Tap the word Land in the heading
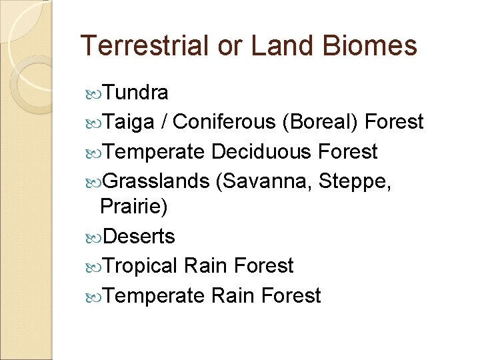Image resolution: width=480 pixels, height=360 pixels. pyautogui.click(x=286, y=45)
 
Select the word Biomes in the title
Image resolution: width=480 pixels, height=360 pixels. pyautogui.click(x=371, y=45)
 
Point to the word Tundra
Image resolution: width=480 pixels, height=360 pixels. pyautogui.click(x=136, y=92)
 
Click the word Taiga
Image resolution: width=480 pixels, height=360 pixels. pyautogui.click(x=129, y=121)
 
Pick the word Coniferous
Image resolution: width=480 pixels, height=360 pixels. pyautogui.click(x=224, y=121)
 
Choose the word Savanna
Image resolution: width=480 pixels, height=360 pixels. pyautogui.click(x=265, y=181)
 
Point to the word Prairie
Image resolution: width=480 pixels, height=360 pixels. pyautogui.click(x=134, y=207)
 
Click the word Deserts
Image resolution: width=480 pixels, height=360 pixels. pyautogui.click(x=139, y=236)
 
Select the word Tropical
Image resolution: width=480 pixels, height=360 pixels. pyautogui.click(x=141, y=266)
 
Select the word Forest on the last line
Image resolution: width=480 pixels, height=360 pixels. pyautogui.click(x=291, y=295)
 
